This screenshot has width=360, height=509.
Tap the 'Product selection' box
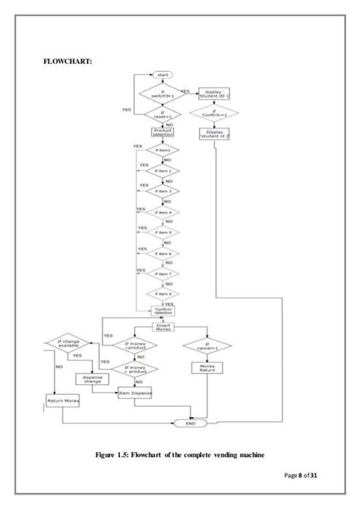pyautogui.click(x=163, y=131)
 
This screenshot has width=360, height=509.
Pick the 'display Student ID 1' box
pyautogui.click(x=213, y=94)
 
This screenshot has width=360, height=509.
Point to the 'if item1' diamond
pyautogui.click(x=163, y=151)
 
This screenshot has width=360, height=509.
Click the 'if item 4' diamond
pyautogui.click(x=163, y=212)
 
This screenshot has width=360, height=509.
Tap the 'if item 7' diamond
pyautogui.click(x=163, y=273)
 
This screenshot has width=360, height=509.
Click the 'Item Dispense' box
pyautogui.click(x=136, y=392)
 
